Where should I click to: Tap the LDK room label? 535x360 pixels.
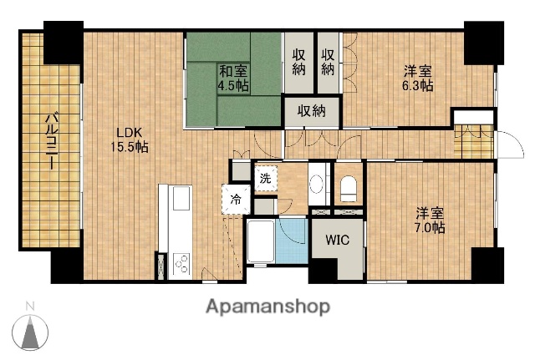tap(129, 132)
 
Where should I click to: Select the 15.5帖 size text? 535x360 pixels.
tap(131, 147)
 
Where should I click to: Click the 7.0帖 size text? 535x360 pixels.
tap(427, 226)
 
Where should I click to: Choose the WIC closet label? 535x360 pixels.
tap(337, 241)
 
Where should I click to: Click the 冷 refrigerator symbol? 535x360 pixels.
tap(236, 199)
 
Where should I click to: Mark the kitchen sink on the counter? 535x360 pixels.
tap(180, 200)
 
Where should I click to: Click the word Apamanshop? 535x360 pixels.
tap(267, 306)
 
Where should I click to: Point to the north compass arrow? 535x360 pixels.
tap(31, 333)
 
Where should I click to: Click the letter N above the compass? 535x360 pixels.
tap(30, 305)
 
